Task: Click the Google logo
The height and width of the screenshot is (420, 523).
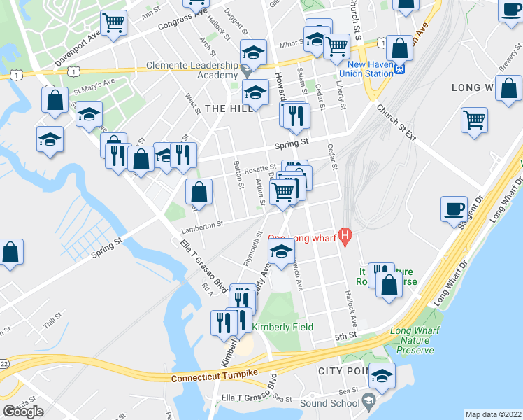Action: point(23,412)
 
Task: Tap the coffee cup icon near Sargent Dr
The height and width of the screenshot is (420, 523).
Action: point(454,209)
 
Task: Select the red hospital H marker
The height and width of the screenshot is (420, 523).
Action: point(344,236)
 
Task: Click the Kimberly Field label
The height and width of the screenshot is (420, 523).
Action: point(282,327)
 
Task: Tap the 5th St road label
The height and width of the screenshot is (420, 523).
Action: point(345,337)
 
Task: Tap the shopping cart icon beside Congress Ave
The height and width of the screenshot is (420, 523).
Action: point(113,23)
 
